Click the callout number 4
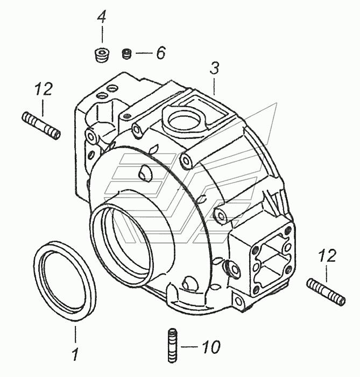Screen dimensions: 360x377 (102, 16)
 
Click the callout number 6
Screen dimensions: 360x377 (161, 53)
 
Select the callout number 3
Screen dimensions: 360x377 (215, 68)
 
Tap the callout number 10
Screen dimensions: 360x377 (211, 347)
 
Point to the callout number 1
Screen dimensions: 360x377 (76, 354)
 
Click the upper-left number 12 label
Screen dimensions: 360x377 (44, 89)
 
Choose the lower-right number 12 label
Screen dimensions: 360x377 (327, 256)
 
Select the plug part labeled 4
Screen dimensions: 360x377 (102, 55)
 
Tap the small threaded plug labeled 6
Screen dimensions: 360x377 (127, 54)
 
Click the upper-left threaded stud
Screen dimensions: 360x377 (41, 125)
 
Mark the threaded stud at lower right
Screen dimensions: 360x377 (326, 291)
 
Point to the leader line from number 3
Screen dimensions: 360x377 (215, 85)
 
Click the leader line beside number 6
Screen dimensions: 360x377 (144, 53)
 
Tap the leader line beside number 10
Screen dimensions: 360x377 (190, 347)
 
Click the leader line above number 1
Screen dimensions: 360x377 (75, 334)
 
